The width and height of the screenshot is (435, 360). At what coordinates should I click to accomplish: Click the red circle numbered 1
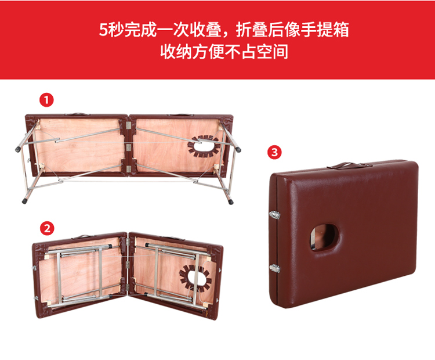[46, 100]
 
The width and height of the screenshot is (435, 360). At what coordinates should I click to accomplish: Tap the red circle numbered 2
[47, 228]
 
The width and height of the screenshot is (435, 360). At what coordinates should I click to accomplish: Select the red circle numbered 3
[274, 152]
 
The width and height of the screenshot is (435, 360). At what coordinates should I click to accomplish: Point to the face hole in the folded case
[325, 237]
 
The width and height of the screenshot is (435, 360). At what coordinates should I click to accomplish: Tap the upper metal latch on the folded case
[274, 215]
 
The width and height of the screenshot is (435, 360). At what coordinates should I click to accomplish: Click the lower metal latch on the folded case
[275, 268]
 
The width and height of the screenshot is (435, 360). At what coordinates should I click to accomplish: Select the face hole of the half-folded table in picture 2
[195, 278]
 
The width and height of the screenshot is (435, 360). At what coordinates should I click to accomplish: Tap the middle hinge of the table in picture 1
[128, 147]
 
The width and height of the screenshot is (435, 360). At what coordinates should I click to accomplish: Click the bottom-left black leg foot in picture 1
[25, 201]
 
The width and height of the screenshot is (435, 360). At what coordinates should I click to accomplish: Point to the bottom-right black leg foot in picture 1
[230, 201]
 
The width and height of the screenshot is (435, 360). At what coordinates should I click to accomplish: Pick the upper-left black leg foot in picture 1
[18, 149]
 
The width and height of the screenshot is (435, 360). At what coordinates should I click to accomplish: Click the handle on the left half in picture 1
[77, 114]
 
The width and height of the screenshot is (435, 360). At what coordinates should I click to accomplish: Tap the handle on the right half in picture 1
[180, 114]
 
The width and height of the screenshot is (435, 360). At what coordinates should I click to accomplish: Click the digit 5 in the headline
[103, 30]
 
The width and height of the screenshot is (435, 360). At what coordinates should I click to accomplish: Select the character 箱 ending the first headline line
[341, 30]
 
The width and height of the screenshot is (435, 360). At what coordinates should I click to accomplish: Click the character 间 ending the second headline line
[280, 52]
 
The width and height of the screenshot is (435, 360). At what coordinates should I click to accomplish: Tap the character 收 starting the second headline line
[168, 52]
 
